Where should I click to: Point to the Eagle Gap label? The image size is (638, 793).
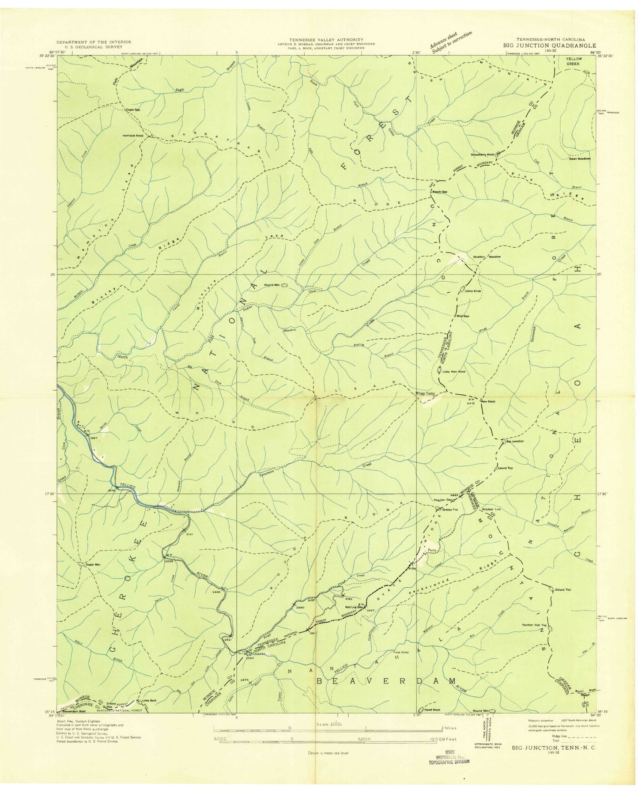click(133, 110)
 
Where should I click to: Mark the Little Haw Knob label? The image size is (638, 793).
click(454, 372)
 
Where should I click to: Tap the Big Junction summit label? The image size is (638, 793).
click(515, 441)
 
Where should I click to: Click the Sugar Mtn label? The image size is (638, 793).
click(93, 564)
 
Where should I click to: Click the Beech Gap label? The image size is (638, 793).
click(439, 192)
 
